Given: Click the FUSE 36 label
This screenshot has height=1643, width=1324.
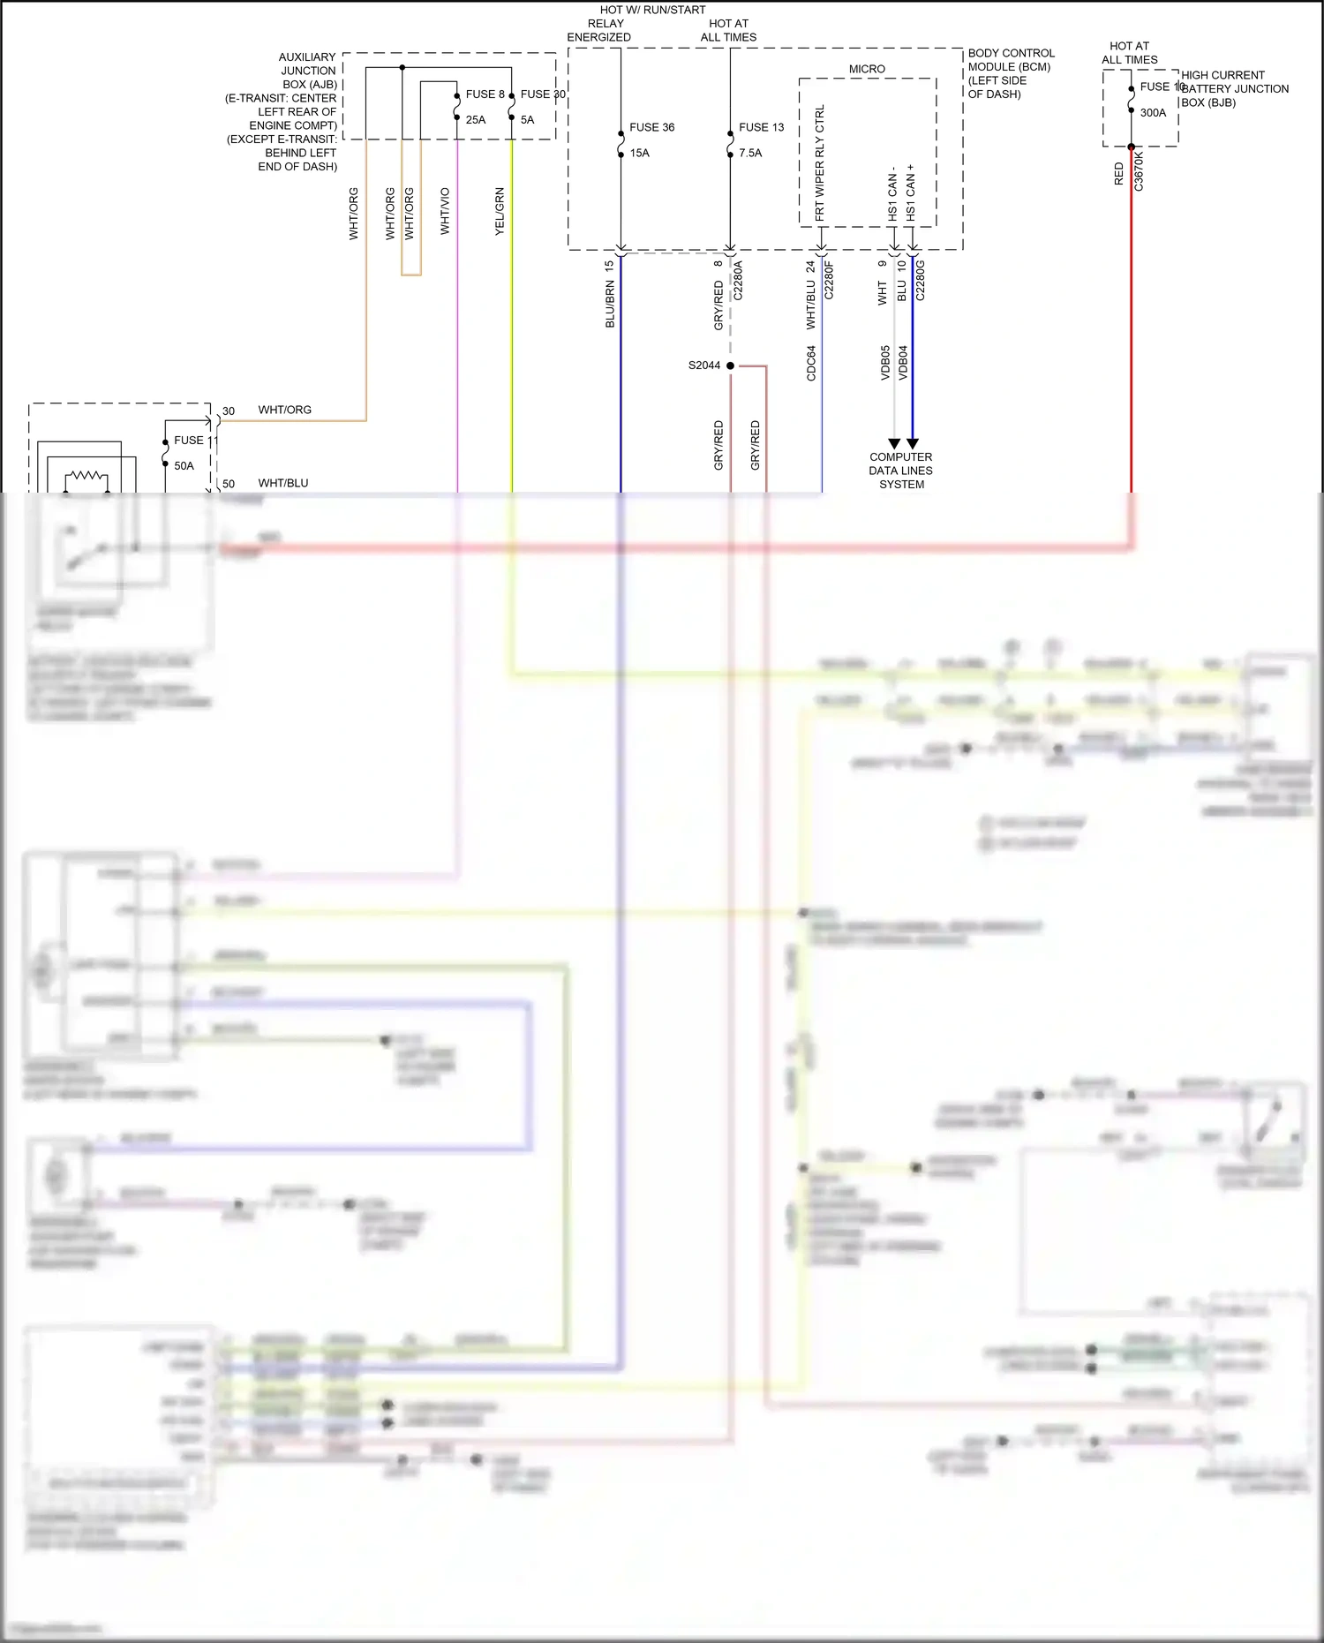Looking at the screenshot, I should [x=651, y=127].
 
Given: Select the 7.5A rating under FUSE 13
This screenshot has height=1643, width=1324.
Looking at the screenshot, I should [x=750, y=153].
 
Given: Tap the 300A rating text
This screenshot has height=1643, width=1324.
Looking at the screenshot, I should [x=1153, y=113].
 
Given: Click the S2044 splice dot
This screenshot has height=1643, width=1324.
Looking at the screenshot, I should [x=730, y=366].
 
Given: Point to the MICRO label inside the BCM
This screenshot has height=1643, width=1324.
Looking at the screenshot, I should [x=867, y=69].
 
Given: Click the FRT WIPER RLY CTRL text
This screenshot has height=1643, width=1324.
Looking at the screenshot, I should [x=820, y=162].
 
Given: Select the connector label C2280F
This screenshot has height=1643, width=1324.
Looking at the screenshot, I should [x=829, y=280].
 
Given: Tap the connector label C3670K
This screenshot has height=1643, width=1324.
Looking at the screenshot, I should [x=1139, y=170].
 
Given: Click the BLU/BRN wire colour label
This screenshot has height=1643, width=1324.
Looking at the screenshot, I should [x=610, y=305].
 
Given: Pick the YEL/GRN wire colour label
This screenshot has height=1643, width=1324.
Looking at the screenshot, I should [x=500, y=211].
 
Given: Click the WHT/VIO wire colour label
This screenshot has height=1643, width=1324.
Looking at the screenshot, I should [x=445, y=211].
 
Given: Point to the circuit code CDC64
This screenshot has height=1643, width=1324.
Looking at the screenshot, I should [x=811, y=363].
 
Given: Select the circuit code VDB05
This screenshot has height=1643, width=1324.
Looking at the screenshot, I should [x=885, y=363].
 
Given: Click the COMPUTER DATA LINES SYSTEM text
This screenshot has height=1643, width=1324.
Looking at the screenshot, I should [x=901, y=471].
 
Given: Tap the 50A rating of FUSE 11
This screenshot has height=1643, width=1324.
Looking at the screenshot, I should [x=184, y=466].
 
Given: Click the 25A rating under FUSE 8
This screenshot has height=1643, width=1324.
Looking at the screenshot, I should [x=476, y=120].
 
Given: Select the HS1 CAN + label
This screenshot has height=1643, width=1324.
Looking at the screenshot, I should [x=911, y=192].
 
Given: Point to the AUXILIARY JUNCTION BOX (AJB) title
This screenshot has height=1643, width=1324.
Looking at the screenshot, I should [x=308, y=71].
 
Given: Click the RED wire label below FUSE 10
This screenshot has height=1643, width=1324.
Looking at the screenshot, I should [x=1119, y=174].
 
